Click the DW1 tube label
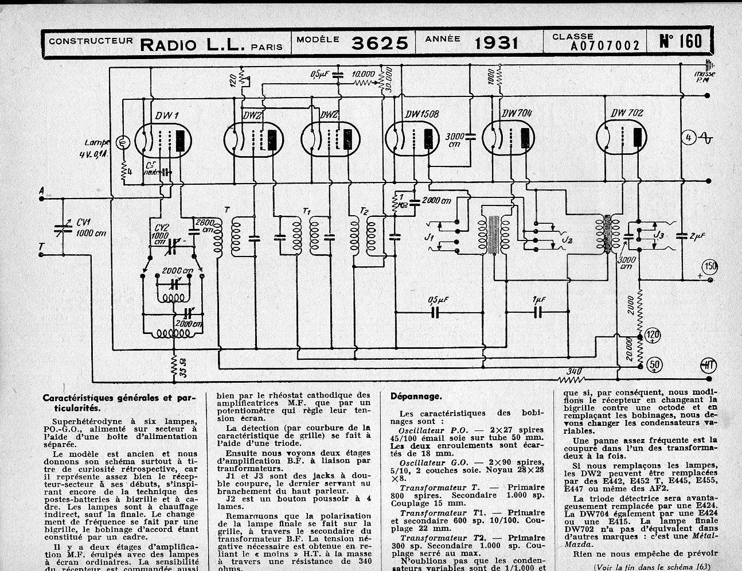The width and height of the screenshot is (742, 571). [x=167, y=116]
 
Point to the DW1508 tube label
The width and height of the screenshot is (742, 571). [x=421, y=115]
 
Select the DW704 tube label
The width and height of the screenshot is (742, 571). [x=516, y=114]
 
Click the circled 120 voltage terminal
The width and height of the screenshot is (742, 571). [x=653, y=335]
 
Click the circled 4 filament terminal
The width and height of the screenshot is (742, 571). [x=689, y=138]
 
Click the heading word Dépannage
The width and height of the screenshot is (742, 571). [x=416, y=396]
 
